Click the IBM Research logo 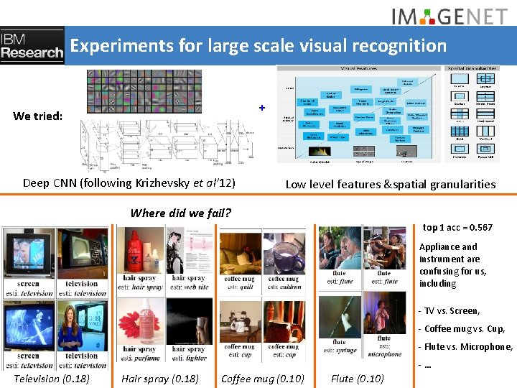32,46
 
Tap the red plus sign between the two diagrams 262,108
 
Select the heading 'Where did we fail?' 181,213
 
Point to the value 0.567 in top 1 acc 479,228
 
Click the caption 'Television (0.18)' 52,379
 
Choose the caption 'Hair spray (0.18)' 160,379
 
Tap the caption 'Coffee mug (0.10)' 263,379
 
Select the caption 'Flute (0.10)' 357,379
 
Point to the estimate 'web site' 194,287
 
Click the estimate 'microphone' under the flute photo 385,354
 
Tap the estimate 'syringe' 344,351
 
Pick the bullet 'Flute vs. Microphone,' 467,347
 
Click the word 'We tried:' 37,116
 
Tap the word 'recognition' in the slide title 399,46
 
